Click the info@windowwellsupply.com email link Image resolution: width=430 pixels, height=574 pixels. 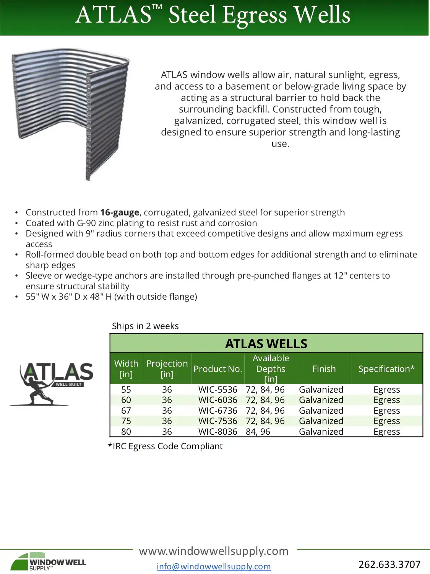[x=214, y=566]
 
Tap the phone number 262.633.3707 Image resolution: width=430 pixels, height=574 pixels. [x=389, y=564]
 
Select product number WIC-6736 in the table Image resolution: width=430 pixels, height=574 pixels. [x=217, y=411]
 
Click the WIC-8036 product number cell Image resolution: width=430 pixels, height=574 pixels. [x=217, y=432]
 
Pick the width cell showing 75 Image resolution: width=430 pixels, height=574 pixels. [x=126, y=421]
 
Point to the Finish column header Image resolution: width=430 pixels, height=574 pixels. [x=324, y=369]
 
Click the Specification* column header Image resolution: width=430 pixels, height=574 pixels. [x=386, y=369]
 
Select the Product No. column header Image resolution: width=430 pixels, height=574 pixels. [x=218, y=369]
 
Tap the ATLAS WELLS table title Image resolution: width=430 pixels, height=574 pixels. [x=266, y=344]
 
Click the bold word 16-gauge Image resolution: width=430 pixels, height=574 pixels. [x=120, y=212]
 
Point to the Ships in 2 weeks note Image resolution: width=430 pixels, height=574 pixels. [x=145, y=326]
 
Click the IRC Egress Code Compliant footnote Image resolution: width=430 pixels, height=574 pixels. [x=166, y=446]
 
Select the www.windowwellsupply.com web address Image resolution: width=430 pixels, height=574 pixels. [x=214, y=551]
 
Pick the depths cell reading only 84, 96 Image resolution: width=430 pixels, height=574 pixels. [x=258, y=432]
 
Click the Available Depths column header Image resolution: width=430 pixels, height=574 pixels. [x=271, y=369]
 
